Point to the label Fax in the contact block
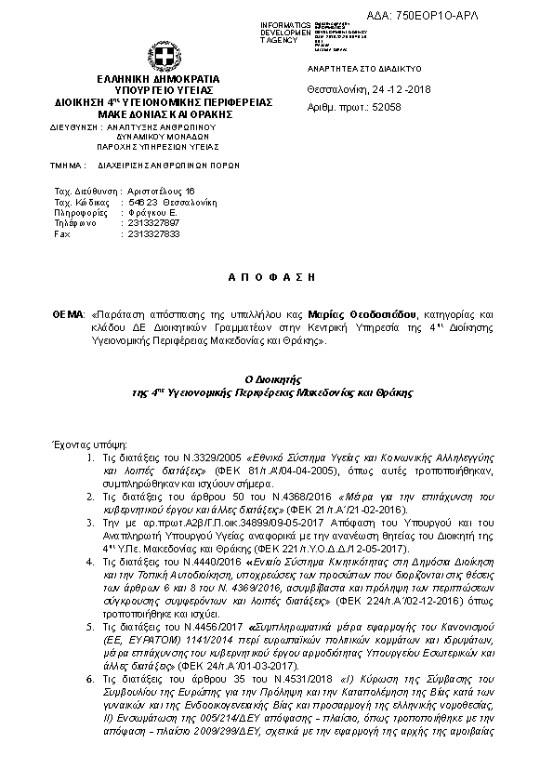click(x=62, y=234)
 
